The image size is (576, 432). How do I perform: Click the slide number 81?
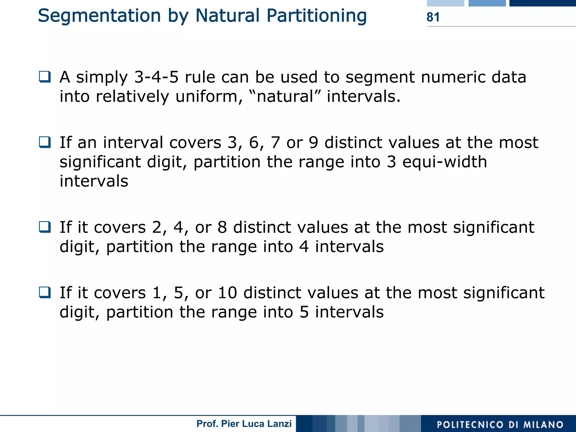pos(433,17)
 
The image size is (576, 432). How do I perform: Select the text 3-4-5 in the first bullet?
pos(156,77)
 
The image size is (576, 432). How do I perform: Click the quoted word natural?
pos(285,97)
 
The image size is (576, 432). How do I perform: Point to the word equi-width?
pos(445,162)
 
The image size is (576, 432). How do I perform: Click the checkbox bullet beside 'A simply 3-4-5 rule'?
pos(45,77)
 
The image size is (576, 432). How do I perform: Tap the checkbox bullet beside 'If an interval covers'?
pos(45,142)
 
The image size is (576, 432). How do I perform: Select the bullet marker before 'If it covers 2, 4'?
pos(45,227)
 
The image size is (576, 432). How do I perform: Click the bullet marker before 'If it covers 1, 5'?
pos(45,292)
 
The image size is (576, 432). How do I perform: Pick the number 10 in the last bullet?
pos(227,293)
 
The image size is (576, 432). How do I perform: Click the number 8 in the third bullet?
pos(222,228)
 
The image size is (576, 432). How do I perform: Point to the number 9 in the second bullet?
pos(313,143)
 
